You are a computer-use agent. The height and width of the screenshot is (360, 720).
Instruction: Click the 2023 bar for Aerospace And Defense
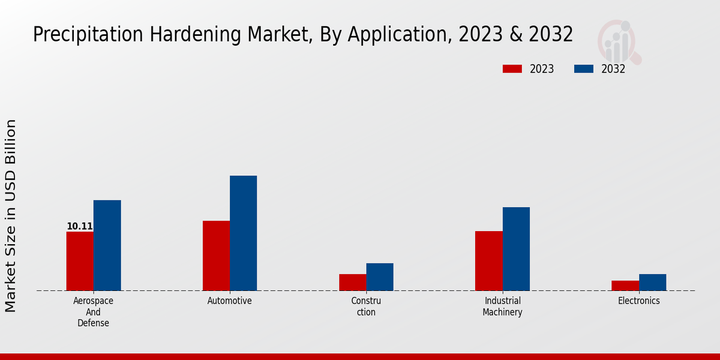coord(80,261)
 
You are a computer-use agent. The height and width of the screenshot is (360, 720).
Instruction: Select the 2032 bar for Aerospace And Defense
coord(107,245)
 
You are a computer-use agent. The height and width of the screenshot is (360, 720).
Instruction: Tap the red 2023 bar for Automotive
coord(216,256)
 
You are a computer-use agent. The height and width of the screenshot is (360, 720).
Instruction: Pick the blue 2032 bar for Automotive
coord(243,233)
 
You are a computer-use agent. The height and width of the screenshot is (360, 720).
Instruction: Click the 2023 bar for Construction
coord(352,282)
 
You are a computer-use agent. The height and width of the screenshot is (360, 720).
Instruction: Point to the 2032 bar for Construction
coord(380,277)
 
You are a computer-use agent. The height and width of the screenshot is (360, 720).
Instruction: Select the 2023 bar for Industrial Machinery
coord(488,261)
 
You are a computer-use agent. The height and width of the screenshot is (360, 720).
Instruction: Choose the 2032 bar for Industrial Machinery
coord(516,249)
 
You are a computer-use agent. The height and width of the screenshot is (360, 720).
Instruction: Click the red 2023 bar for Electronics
coord(625,286)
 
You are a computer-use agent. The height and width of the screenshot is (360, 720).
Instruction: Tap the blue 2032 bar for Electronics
coord(652,282)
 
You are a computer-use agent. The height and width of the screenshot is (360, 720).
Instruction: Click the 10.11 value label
coord(79,226)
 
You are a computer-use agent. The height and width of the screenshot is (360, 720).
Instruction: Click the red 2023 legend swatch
coord(512,69)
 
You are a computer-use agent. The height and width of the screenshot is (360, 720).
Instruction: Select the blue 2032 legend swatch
coord(584,69)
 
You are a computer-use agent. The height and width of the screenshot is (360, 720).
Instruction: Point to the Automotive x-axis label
coord(230,301)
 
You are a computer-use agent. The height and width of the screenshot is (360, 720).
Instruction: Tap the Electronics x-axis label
coord(639,301)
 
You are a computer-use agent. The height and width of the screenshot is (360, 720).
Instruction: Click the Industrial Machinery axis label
coord(502,307)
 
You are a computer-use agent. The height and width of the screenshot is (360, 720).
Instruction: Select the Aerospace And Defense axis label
coord(93,312)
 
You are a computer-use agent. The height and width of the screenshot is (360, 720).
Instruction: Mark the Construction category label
coord(366,307)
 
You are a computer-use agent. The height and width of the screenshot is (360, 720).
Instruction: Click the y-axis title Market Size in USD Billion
coord(11,215)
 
